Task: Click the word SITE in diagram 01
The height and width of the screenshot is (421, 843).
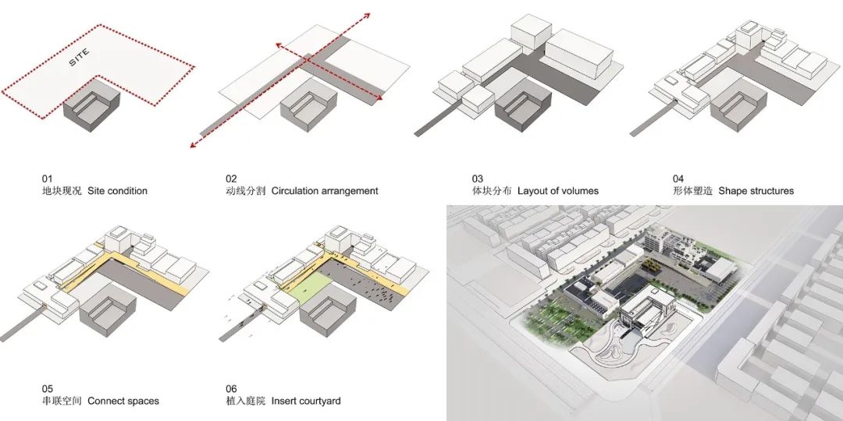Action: click(80, 58)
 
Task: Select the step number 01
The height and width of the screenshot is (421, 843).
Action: click(48, 179)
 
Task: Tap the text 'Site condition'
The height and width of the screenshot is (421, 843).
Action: click(117, 191)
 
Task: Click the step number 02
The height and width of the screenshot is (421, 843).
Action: click(232, 179)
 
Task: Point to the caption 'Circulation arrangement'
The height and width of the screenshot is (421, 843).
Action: click(325, 191)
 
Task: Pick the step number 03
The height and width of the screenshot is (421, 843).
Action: click(478, 179)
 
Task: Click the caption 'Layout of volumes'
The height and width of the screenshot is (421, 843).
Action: click(557, 191)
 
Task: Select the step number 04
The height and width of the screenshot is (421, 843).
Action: click(678, 179)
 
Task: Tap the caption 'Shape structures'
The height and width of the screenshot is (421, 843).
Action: click(756, 191)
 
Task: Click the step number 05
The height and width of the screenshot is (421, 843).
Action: click(48, 388)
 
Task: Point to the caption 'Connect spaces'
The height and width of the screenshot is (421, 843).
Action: click(123, 401)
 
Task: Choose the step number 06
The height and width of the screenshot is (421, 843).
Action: click(232, 388)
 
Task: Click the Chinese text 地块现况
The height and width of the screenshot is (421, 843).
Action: click(62, 191)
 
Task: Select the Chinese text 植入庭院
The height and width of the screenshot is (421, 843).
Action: click(245, 401)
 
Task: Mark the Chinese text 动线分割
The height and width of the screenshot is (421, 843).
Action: click(245, 191)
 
